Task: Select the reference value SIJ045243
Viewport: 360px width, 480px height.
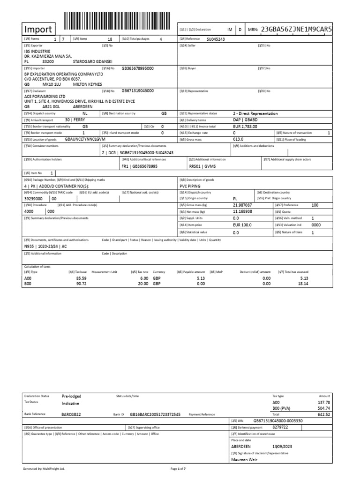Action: click(x=216, y=39)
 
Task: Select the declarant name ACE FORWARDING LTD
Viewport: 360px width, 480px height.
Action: click(x=45, y=97)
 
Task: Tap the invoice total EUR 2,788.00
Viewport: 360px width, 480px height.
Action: click(x=245, y=127)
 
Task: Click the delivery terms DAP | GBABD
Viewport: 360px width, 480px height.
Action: click(x=245, y=120)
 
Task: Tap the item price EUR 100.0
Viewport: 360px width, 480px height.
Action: click(x=242, y=225)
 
